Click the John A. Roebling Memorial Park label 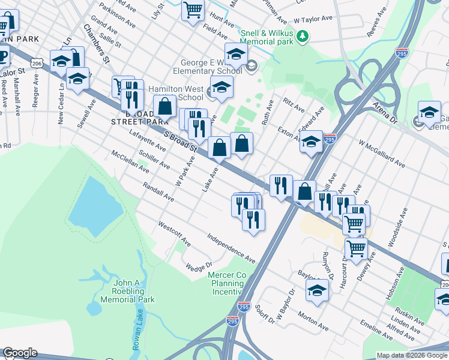coord(127,291)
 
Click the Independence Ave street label coord(232,248)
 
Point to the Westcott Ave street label coord(175,234)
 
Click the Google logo coord(20,353)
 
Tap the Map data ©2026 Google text coord(412,355)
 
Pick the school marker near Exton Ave coord(311,143)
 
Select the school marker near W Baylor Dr coord(317,292)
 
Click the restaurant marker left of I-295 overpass coord(280,186)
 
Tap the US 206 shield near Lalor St coord(37,63)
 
